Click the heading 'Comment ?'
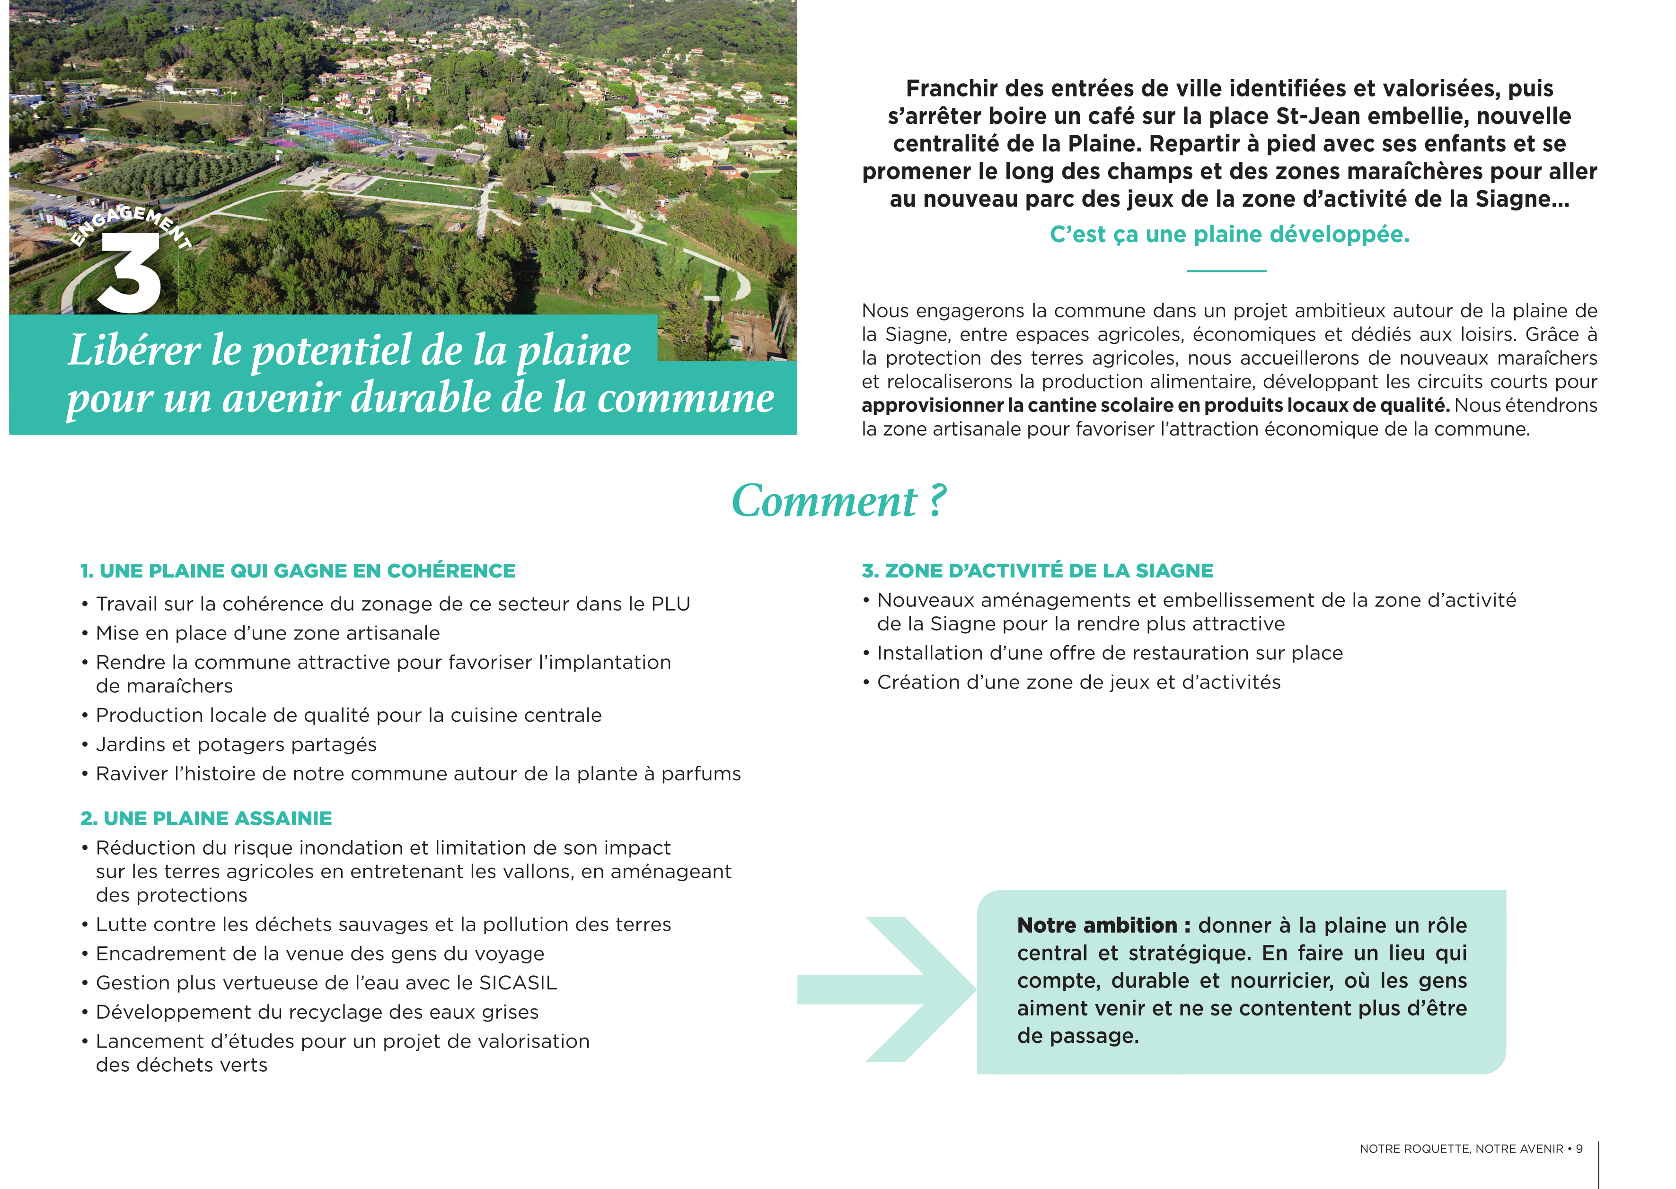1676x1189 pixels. (x=839, y=501)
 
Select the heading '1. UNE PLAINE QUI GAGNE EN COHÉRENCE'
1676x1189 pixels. (x=298, y=571)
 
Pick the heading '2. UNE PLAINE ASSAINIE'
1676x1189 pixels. (x=206, y=819)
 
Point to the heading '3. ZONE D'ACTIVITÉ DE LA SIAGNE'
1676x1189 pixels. (x=1037, y=571)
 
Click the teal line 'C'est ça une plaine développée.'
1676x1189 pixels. (x=1229, y=234)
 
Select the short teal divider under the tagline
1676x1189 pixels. (x=1226, y=271)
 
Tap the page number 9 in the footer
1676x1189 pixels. (x=1579, y=1149)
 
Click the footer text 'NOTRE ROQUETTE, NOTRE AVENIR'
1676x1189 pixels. (x=1461, y=1149)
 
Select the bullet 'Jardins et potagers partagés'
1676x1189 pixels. (x=236, y=744)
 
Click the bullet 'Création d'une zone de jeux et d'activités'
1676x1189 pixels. (x=1078, y=682)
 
